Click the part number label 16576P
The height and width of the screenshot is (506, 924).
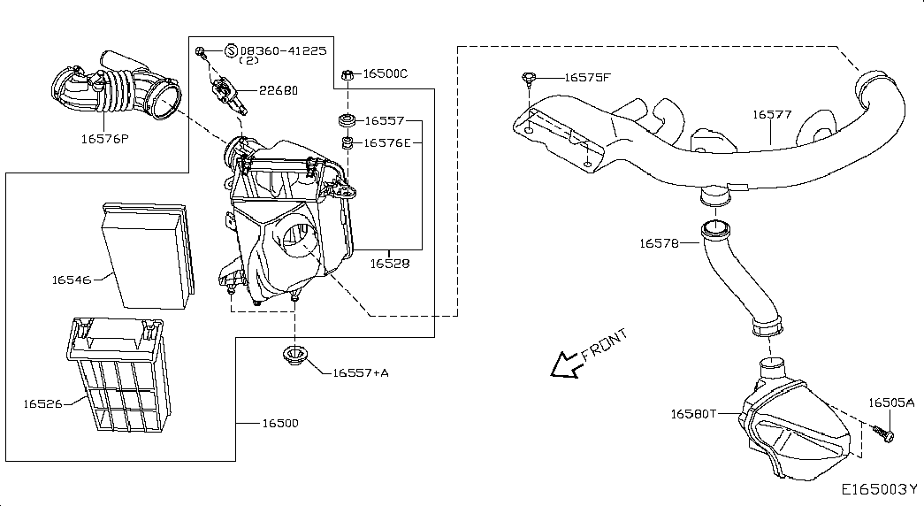click(x=104, y=138)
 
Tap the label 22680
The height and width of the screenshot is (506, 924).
click(x=278, y=90)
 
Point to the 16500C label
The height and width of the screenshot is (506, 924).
click(x=386, y=73)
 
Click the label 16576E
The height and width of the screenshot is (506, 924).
click(x=388, y=142)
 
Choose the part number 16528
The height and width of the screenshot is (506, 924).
click(x=389, y=263)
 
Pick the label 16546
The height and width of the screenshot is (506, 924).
click(x=71, y=280)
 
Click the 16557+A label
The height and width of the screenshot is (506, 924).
click(x=361, y=372)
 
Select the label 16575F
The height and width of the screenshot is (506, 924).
click(x=587, y=78)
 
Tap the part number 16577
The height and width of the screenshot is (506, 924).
click(x=772, y=114)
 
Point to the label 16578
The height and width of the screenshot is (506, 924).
click(x=658, y=242)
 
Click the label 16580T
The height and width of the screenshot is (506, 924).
click(x=691, y=413)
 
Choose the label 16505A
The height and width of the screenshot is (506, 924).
click(x=890, y=402)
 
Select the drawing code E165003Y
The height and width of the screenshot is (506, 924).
click(x=879, y=488)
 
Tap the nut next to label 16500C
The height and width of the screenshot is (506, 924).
click(x=348, y=73)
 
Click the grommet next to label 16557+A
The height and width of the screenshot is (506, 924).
click(x=292, y=356)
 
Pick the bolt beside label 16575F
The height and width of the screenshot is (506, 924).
click(x=527, y=79)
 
